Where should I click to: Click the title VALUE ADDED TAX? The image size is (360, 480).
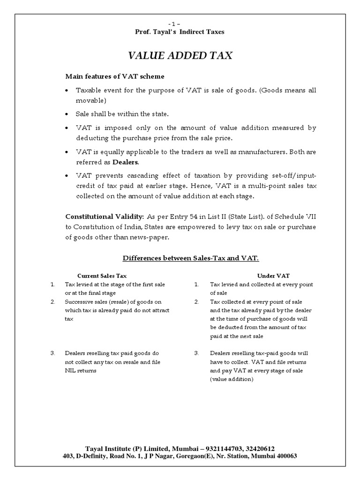pyautogui.click(x=180, y=56)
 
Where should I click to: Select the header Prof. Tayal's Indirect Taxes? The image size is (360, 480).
pyautogui.click(x=180, y=32)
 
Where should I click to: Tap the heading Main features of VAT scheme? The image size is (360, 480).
pyautogui.click(x=114, y=76)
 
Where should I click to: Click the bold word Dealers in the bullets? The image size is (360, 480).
pyautogui.click(x=125, y=162)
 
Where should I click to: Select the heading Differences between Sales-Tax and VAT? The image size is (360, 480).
pyautogui.click(x=190, y=258)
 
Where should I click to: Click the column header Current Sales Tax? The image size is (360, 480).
pyautogui.click(x=102, y=276)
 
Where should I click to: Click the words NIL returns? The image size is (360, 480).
pyautogui.click(x=81, y=370)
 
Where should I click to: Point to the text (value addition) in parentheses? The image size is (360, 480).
pyautogui.click(x=232, y=379)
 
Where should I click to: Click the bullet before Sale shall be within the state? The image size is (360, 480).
pyautogui.click(x=68, y=114)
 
